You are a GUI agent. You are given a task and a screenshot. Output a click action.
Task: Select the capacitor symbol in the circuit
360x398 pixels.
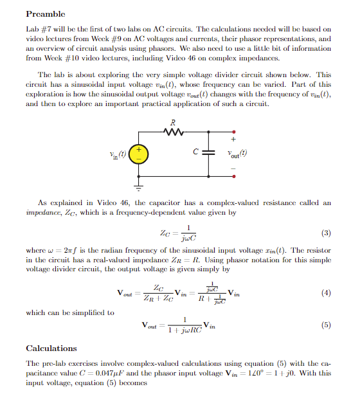coord(207,155)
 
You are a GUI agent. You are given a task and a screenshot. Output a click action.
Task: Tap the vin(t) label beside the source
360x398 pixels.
coord(117,155)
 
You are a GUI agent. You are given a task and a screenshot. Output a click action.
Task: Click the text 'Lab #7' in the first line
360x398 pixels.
coord(37,29)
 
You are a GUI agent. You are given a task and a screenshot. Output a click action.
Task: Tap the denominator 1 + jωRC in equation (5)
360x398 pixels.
coord(184,330)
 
